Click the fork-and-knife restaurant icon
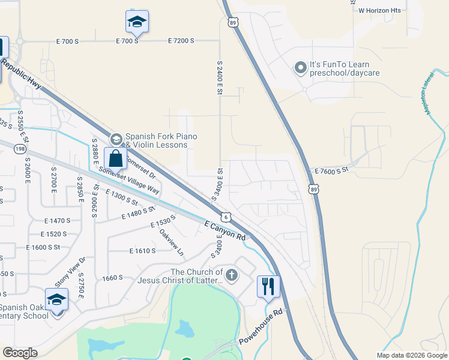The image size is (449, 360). pos(268,286)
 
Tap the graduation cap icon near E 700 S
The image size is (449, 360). pos(137,22)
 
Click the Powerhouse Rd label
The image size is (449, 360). pos(261,327)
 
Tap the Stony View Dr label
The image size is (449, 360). pos(71,271)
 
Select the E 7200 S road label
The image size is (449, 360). pos(181,41)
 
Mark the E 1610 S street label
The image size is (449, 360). pos(142,251)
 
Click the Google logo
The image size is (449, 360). pos(20,353)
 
